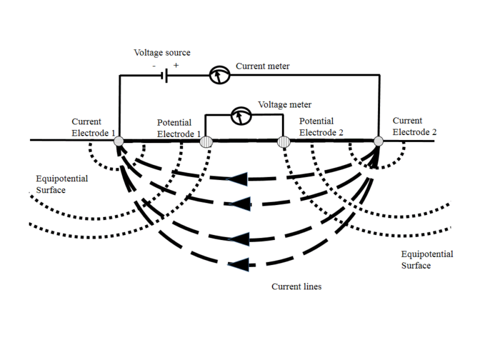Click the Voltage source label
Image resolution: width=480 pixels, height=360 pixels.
(x=162, y=53)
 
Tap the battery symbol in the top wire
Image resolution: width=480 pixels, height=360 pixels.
(x=164, y=76)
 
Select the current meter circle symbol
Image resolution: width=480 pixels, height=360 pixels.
(x=219, y=76)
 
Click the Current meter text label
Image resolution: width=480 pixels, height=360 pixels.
(x=262, y=66)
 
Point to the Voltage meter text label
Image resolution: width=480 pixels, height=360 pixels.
(x=284, y=105)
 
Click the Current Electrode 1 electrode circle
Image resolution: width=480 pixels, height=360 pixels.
(x=119, y=141)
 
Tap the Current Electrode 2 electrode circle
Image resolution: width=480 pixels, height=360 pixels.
(x=379, y=141)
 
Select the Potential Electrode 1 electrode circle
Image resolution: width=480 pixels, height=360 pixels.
(x=206, y=142)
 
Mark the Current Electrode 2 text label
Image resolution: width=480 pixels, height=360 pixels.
(x=413, y=126)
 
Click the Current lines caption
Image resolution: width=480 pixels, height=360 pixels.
(x=296, y=287)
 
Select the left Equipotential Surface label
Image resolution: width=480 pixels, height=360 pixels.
(x=62, y=184)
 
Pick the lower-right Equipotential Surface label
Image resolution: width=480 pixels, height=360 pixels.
(x=427, y=260)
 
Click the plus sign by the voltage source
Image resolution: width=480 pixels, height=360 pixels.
(x=176, y=65)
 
